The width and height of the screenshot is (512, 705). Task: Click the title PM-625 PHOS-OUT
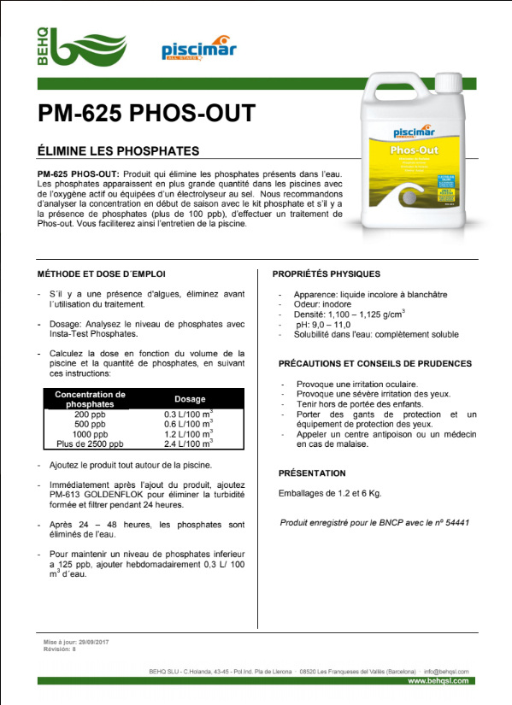coord(145,114)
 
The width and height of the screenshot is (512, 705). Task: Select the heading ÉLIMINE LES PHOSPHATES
coord(119,150)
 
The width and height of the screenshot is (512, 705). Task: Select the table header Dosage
coord(190,399)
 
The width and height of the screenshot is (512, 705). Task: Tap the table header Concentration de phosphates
coord(90,399)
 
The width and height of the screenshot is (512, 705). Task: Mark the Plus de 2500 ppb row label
coord(90,444)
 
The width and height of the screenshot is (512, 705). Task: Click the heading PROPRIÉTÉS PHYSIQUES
coord(326,274)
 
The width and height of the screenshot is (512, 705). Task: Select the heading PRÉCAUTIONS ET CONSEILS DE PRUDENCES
coord(375,363)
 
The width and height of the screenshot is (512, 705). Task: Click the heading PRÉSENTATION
coord(312,473)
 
